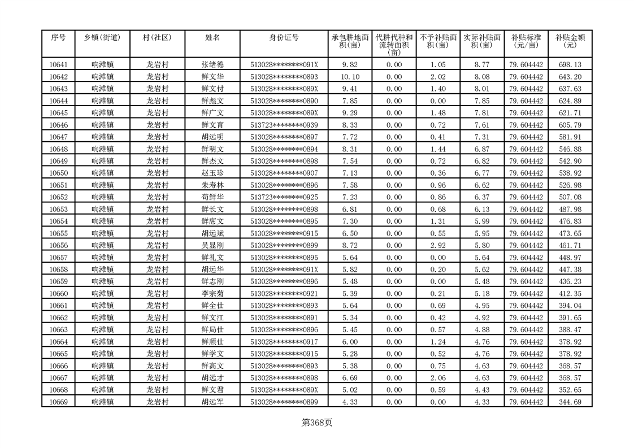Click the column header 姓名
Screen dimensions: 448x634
212,38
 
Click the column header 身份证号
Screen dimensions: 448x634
284,38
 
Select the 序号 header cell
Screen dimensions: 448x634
58,38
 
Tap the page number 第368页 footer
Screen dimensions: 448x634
317,422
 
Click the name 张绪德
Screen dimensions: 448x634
212,65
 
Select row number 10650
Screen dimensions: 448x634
58,173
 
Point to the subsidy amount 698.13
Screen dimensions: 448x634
569,65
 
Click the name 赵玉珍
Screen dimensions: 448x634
212,173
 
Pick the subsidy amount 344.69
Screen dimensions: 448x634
569,402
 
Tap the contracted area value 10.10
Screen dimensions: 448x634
351,77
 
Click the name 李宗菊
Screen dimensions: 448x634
212,294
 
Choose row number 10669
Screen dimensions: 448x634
58,402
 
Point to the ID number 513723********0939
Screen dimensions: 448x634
284,125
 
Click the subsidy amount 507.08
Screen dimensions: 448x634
569,197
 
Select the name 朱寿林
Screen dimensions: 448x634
212,185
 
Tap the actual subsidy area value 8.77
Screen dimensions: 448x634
481,65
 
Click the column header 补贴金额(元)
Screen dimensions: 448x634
570,41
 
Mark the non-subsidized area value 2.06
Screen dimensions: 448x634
438,378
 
